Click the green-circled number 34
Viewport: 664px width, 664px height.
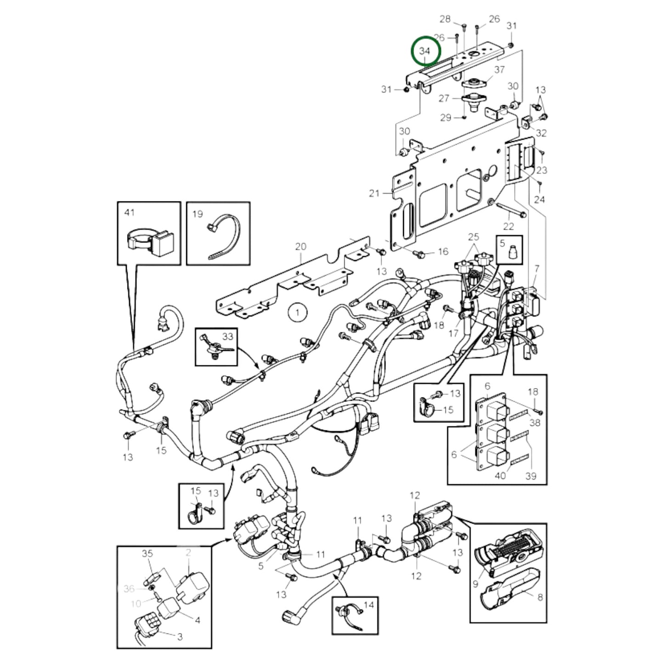point(426,51)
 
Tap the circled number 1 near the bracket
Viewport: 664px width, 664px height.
point(297,313)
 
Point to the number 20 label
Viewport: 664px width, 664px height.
point(301,247)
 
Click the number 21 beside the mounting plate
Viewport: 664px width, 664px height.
point(375,193)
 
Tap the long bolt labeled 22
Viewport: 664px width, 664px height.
point(511,212)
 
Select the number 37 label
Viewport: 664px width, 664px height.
point(499,69)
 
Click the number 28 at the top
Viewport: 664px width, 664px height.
point(445,19)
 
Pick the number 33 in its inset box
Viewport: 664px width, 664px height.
point(228,336)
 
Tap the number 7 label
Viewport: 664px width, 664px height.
point(537,269)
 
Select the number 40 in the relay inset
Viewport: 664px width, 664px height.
point(500,476)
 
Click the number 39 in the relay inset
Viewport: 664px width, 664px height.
point(531,476)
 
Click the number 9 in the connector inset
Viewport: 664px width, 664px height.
point(476,584)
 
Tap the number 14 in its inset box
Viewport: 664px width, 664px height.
point(369,605)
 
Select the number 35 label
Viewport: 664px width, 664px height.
point(147,553)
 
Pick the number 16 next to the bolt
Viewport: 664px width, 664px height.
point(443,251)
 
